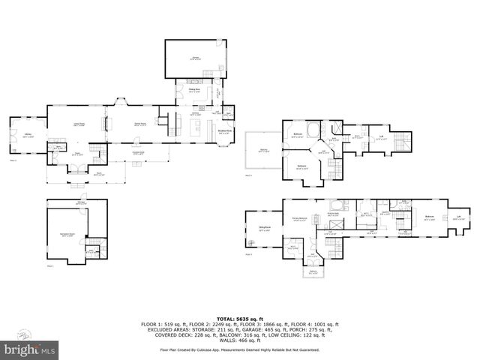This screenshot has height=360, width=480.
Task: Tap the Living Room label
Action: [78, 124]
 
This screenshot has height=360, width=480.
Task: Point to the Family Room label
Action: [140, 124]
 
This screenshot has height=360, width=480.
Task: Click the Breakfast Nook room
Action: [224, 133]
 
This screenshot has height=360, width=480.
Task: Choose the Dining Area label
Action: [194, 91]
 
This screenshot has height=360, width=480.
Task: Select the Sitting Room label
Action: [265, 228]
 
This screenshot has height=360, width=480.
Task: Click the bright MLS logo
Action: [31, 349]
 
